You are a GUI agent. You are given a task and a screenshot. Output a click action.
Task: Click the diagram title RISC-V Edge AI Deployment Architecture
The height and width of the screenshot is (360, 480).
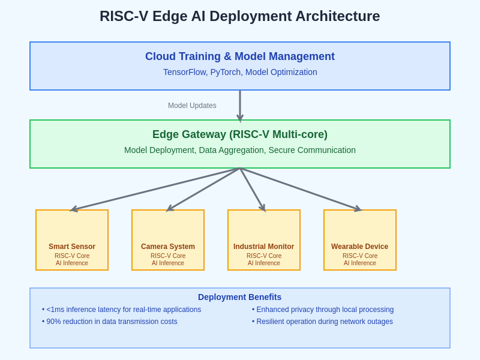point(240,16)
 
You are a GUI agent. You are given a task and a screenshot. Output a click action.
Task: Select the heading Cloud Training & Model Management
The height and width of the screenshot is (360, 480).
point(240,56)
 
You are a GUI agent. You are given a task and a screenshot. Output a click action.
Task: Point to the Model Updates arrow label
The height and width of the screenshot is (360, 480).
point(192,106)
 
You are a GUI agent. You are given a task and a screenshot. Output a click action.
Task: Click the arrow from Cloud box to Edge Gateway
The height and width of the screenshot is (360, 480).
point(240,105)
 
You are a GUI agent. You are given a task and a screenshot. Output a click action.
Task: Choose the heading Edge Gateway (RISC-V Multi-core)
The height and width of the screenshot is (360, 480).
point(240,134)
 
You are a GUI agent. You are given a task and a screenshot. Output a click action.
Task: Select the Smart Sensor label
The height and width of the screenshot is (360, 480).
point(72,247)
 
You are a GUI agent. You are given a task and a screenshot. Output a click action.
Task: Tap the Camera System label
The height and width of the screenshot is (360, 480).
point(168,247)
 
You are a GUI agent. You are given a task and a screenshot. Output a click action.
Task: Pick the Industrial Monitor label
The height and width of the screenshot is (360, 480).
point(264,247)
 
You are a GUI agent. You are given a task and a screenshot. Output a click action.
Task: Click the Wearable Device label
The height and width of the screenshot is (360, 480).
point(360,247)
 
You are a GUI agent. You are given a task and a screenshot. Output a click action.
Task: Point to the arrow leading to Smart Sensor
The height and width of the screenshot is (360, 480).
point(156,189)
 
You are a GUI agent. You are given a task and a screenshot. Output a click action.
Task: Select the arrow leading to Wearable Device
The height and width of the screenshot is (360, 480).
point(300,189)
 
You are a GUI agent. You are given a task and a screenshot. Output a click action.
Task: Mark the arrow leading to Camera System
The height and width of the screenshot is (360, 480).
point(204,189)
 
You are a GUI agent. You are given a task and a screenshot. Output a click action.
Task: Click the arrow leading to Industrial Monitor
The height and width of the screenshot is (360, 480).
point(252,189)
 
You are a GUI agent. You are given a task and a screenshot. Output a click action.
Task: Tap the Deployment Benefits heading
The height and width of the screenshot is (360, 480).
point(240,297)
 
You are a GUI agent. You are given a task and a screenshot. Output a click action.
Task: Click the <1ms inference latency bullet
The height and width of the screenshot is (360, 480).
point(122,310)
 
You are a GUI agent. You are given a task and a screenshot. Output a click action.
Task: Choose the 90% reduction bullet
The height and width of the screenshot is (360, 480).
point(110,322)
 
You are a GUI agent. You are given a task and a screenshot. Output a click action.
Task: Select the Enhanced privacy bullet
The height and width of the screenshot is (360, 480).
point(323,310)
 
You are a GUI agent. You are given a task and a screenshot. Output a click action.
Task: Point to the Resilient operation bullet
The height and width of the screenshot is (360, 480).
point(323,322)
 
